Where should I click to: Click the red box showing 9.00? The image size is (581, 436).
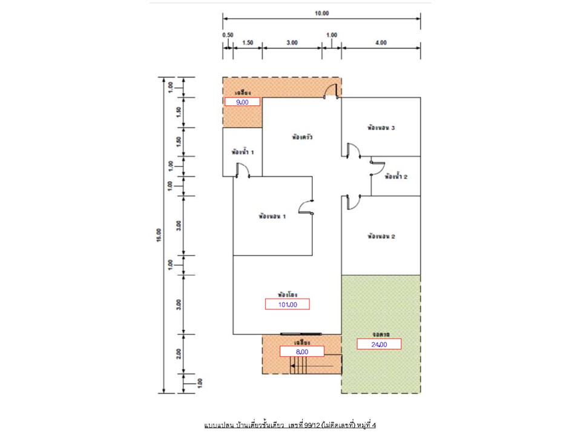[x=242, y=102]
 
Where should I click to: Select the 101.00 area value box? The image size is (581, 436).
[x=287, y=304]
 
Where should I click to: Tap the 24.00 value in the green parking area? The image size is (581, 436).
[x=379, y=344]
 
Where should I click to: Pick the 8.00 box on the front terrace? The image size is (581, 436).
[x=302, y=351]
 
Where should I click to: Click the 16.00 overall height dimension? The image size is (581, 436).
[x=159, y=235]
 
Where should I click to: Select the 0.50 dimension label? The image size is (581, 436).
[x=228, y=35]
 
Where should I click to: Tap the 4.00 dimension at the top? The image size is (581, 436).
[x=381, y=42]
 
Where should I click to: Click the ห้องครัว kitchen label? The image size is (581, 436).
[x=301, y=137]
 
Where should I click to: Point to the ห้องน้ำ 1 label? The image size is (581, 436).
[x=242, y=152]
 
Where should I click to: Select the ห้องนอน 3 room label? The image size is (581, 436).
[x=381, y=128]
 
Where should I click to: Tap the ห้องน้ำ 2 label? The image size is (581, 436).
[x=396, y=177]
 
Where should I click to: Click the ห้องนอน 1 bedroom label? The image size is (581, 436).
[x=272, y=216]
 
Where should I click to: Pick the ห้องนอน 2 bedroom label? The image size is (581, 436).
[x=381, y=236]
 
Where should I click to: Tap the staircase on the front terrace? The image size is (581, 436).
[x=300, y=365]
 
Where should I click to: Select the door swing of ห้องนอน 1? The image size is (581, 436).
[x=307, y=207]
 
